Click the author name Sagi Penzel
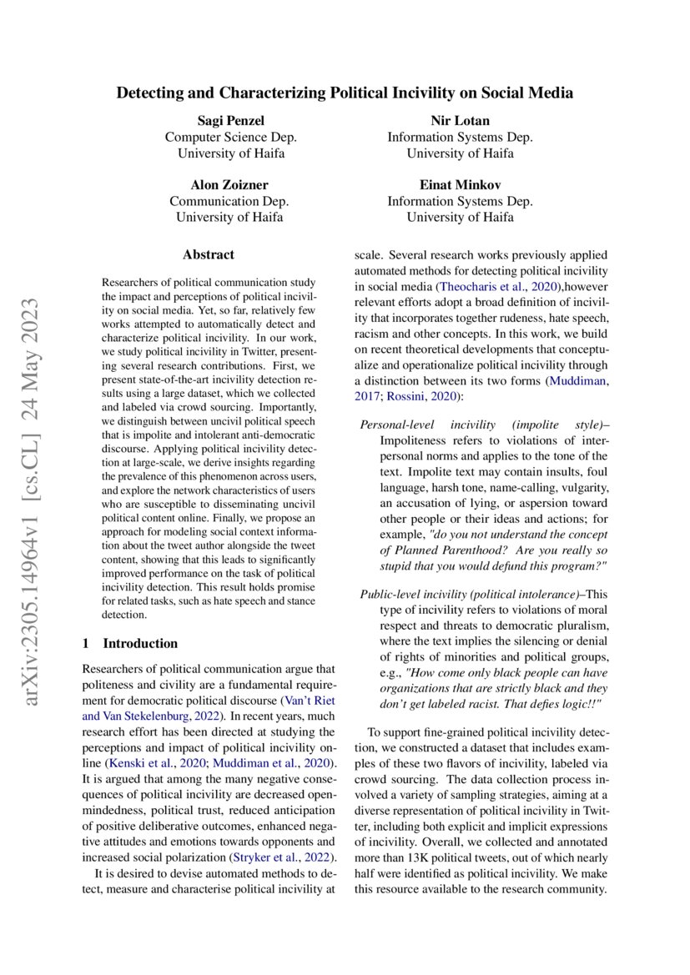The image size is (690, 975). [x=229, y=121]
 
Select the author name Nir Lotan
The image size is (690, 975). [x=460, y=121]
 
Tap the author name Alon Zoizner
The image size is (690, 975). [x=229, y=185]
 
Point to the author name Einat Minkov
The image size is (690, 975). [x=460, y=185]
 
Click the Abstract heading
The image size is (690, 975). [x=209, y=254]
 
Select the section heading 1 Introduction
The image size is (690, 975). [x=130, y=643]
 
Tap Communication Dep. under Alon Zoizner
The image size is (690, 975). [x=229, y=201]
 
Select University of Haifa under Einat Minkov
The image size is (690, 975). [x=460, y=218]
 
